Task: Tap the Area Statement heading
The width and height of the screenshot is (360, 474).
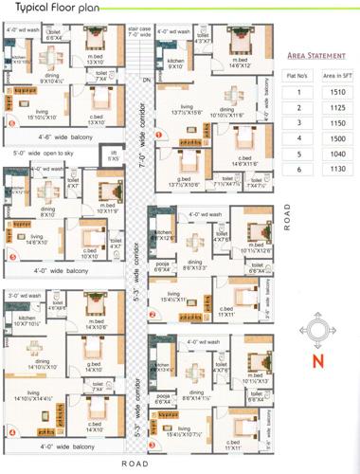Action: [x=312, y=56]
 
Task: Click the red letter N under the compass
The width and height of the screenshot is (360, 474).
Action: [x=319, y=360]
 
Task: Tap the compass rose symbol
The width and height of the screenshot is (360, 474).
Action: [x=318, y=332]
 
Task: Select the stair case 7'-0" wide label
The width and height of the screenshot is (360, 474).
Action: [x=140, y=32]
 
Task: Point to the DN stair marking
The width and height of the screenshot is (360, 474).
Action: [x=146, y=81]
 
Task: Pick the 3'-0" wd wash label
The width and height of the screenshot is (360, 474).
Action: [x=26, y=295]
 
